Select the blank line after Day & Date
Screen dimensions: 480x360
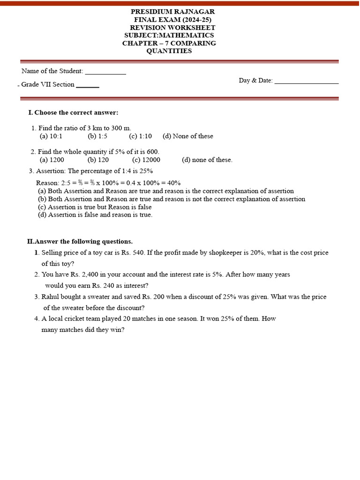307,82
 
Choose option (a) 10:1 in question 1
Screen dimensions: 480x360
51,136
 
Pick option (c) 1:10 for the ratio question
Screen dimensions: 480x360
141,136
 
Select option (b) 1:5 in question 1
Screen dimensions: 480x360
97,136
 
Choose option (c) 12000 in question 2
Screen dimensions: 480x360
146,160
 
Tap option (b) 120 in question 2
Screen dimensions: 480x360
98,160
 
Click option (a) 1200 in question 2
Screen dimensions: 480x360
52,160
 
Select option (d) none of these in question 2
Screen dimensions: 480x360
207,160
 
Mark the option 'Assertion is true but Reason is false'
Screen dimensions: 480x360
95,207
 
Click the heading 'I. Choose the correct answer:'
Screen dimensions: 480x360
73,112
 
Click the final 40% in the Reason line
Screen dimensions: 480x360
173,183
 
